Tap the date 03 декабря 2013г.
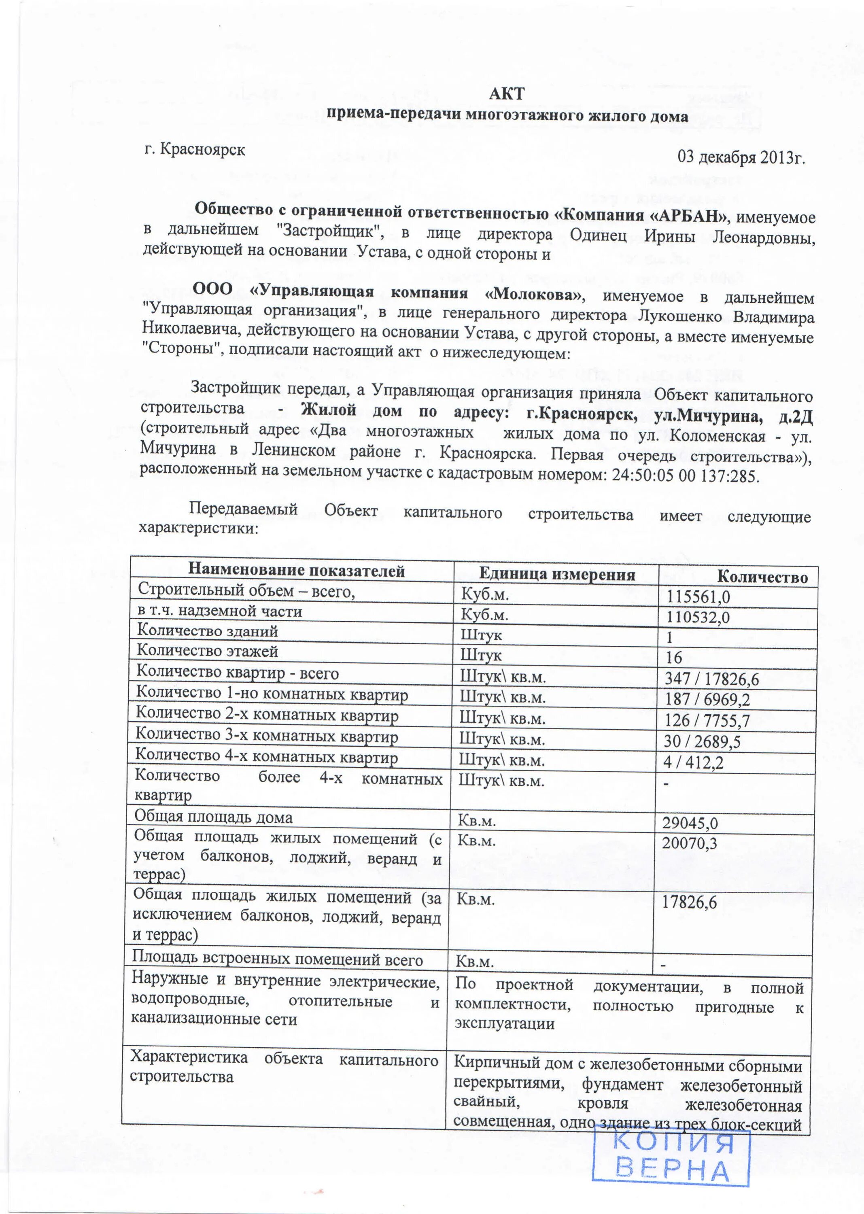(741, 157)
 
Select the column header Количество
(762, 577)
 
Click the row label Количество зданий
(208, 631)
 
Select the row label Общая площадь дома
(213, 817)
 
